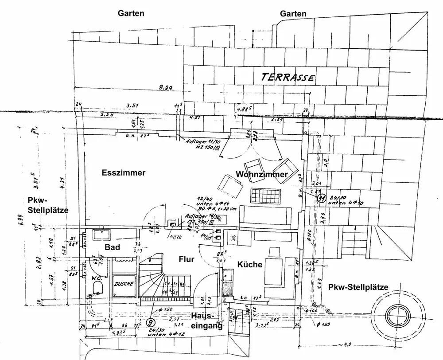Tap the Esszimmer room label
(x=123, y=173)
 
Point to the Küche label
(x=250, y=265)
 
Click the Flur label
(x=187, y=259)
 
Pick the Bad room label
(x=113, y=247)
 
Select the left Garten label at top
(x=131, y=13)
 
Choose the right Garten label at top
(x=293, y=14)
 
